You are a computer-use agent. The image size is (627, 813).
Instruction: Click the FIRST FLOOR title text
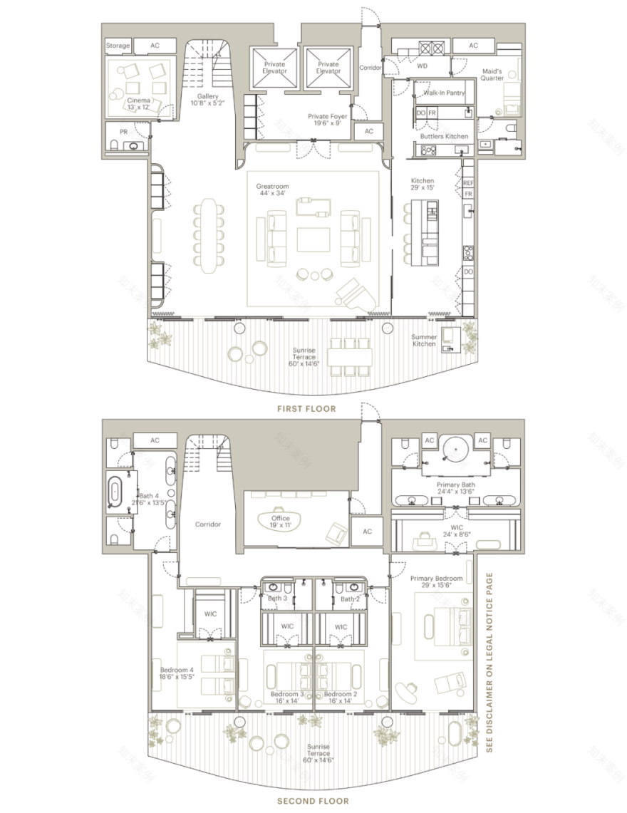pyautogui.click(x=306, y=409)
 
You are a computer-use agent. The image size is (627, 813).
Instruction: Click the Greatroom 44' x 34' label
pyautogui.click(x=271, y=189)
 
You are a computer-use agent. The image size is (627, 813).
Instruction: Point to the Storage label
pyautogui.click(x=118, y=46)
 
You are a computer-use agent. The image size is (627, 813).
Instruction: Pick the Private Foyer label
pyautogui.click(x=328, y=119)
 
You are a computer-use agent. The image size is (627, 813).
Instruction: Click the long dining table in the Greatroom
pyautogui.click(x=207, y=235)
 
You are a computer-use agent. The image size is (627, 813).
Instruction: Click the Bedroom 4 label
pyautogui.click(x=175, y=674)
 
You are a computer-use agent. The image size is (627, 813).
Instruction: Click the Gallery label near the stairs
pyautogui.click(x=208, y=100)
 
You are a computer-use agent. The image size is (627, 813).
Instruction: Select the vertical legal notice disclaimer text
pyautogui.click(x=489, y=663)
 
